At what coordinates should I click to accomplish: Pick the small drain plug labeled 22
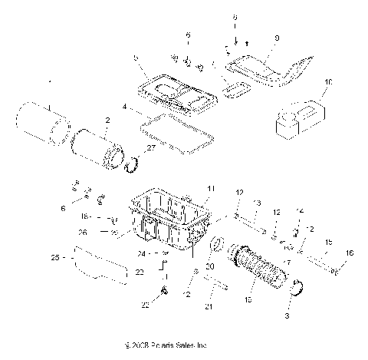tap(164, 289)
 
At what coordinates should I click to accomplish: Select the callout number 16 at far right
tap(351, 253)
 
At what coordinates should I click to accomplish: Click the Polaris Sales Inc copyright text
tap(159, 346)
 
